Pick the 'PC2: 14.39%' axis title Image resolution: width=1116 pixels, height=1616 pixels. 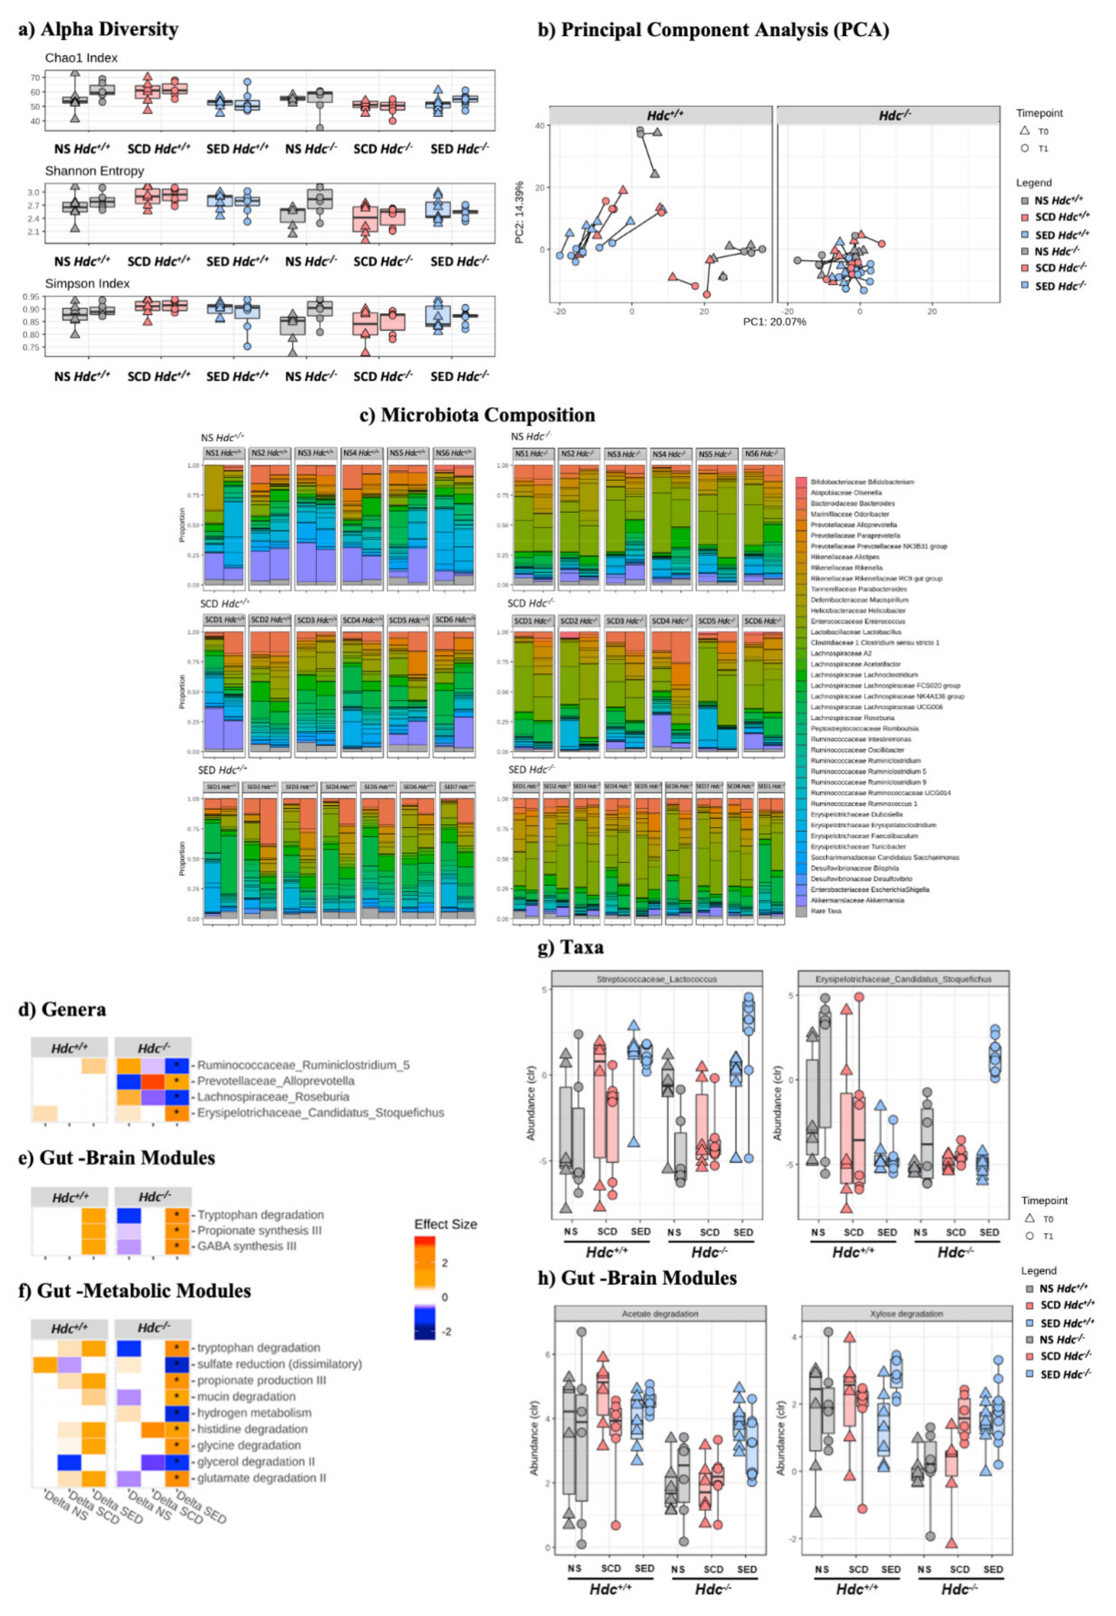click(x=519, y=213)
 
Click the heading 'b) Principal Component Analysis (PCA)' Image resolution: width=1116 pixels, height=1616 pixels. click(x=713, y=30)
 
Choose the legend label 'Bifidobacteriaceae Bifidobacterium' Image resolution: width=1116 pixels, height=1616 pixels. click(x=862, y=482)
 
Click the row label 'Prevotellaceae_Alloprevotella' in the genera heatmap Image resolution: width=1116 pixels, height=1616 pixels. click(x=275, y=1081)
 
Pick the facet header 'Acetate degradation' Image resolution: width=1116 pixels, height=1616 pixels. click(x=660, y=1314)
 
